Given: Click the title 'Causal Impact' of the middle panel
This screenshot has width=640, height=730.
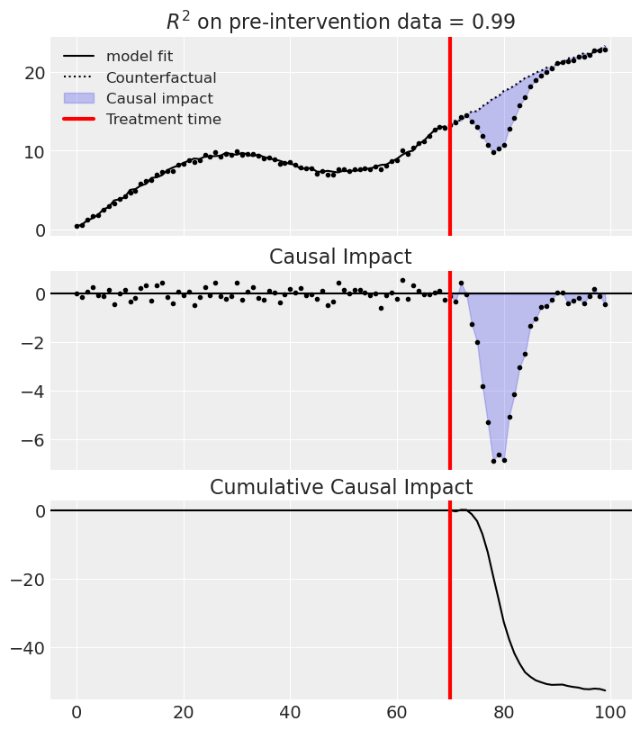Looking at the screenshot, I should [340, 257].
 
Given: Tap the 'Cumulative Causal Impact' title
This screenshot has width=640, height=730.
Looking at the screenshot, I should [340, 488].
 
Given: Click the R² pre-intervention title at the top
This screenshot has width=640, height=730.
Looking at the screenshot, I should [340, 23].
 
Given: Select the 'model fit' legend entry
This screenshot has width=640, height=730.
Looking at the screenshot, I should [140, 57].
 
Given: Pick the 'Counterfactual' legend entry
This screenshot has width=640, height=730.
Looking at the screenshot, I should [161, 77].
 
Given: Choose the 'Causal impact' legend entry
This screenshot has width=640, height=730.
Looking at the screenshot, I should [159, 98].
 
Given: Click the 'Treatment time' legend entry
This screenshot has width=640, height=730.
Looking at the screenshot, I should [163, 119].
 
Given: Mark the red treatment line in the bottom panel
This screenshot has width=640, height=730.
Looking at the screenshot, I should [450, 612].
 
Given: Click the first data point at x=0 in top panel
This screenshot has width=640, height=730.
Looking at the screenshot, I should [77, 226].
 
